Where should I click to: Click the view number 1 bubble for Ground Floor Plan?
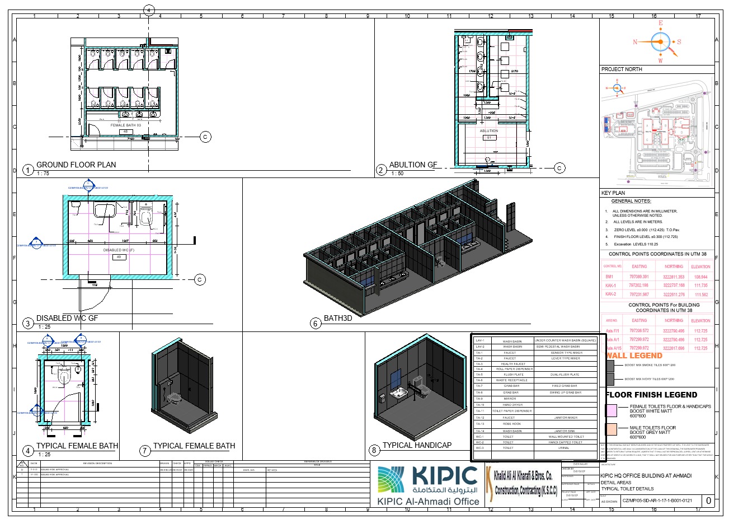pyautogui.click(x=27, y=170)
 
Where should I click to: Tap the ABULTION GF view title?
pyautogui.click(x=413, y=165)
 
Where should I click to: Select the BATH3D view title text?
pyautogui.click(x=338, y=318)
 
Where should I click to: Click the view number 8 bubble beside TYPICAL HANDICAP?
pyautogui.click(x=374, y=450)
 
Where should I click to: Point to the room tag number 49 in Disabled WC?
pyautogui.click(x=119, y=257)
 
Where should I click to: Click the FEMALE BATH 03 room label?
pyautogui.click(x=125, y=125)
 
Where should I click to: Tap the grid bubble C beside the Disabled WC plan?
pyautogui.click(x=200, y=279)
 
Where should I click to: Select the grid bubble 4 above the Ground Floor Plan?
pyautogui.click(x=149, y=10)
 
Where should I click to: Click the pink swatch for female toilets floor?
pyautogui.click(x=612, y=411)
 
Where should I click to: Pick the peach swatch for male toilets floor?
pyautogui.click(x=612, y=429)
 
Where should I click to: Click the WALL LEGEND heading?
pyautogui.click(x=634, y=356)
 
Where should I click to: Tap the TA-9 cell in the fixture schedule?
pyautogui.click(x=479, y=399)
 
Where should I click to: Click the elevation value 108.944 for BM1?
pyautogui.click(x=700, y=277)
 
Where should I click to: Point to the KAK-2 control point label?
pyautogui.click(x=610, y=294)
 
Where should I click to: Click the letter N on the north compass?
pyautogui.click(x=635, y=42)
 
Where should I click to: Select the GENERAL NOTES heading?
pyautogui.click(x=631, y=201)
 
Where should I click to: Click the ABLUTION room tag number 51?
pyautogui.click(x=488, y=137)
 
